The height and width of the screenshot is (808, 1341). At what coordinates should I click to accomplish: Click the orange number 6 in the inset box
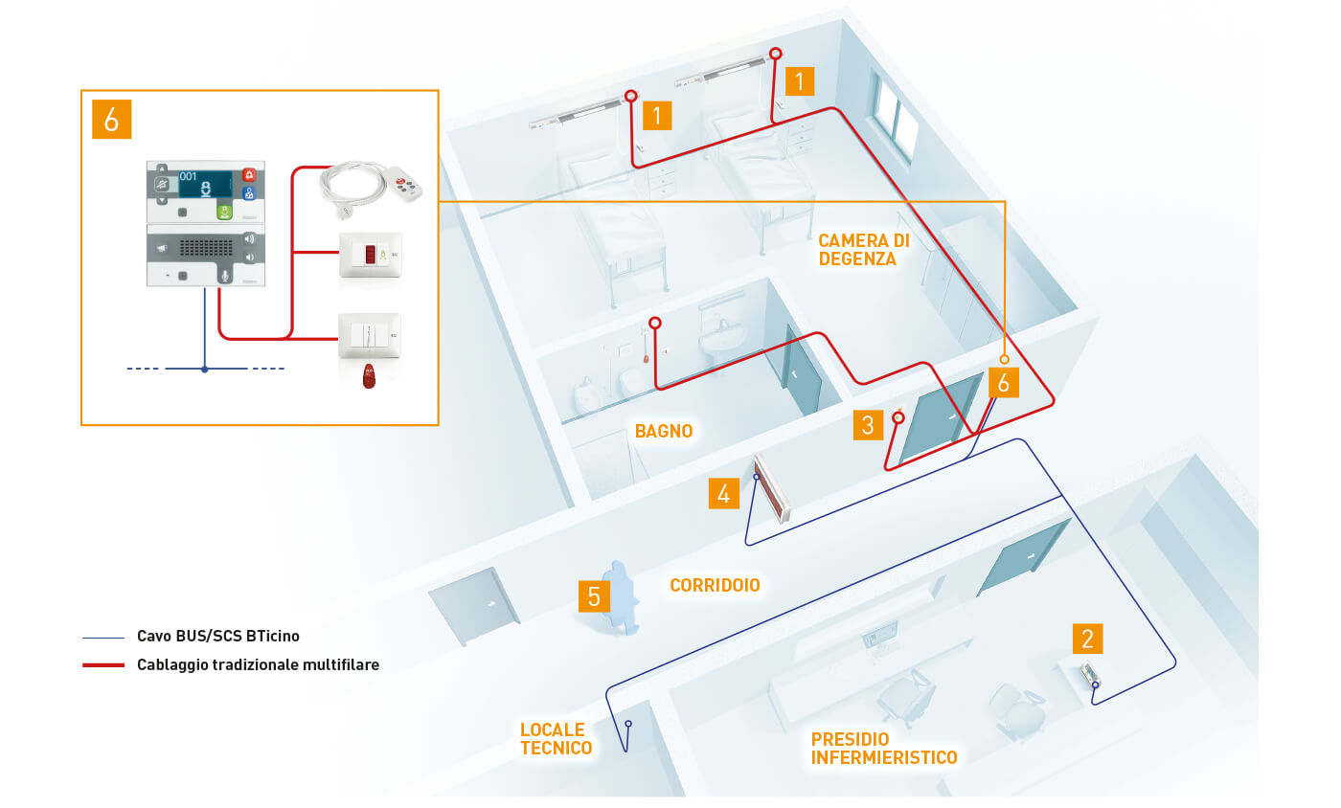[x=111, y=120]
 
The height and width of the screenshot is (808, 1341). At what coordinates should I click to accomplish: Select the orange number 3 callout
[x=868, y=424]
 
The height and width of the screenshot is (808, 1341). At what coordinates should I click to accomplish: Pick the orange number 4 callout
[x=724, y=493]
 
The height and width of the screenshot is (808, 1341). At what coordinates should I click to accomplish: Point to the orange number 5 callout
[x=594, y=596]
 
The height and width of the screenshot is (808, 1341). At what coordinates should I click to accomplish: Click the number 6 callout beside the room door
[x=1003, y=382]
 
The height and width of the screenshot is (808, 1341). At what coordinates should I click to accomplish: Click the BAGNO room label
[x=663, y=432]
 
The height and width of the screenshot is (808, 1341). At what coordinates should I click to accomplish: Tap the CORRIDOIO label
[x=715, y=584]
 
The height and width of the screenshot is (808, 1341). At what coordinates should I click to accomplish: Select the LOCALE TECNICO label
[x=556, y=739]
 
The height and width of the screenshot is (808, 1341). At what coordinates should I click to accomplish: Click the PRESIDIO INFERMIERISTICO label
[x=883, y=749]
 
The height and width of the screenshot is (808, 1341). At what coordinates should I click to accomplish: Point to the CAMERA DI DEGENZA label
[x=863, y=250]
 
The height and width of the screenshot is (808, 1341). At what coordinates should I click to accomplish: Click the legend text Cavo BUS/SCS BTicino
[x=225, y=636]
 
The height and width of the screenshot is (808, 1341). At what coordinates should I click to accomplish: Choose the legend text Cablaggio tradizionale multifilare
[x=259, y=664]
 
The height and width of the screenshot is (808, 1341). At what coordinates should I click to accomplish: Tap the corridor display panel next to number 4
[x=773, y=488]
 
